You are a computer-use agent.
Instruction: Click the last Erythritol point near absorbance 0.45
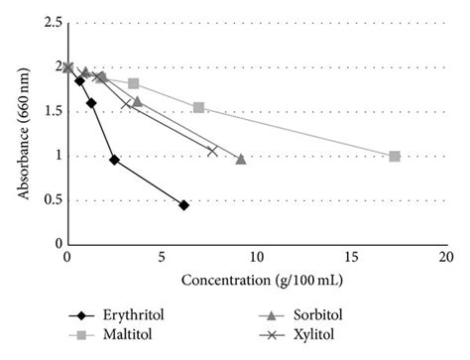click(x=184, y=205)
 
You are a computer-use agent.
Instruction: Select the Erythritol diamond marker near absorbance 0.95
click(x=114, y=160)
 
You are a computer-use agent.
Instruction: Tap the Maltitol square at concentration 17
click(x=395, y=157)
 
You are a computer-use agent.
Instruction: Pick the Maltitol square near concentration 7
click(x=198, y=107)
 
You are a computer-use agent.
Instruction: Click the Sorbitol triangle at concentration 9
click(x=241, y=159)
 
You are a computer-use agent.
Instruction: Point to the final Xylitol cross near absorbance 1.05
click(x=212, y=151)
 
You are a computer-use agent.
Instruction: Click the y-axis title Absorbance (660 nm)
click(x=20, y=132)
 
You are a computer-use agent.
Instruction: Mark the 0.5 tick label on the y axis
click(x=47, y=200)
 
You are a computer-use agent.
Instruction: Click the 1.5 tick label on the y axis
click(x=47, y=111)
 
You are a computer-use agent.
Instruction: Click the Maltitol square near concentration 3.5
click(x=133, y=83)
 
